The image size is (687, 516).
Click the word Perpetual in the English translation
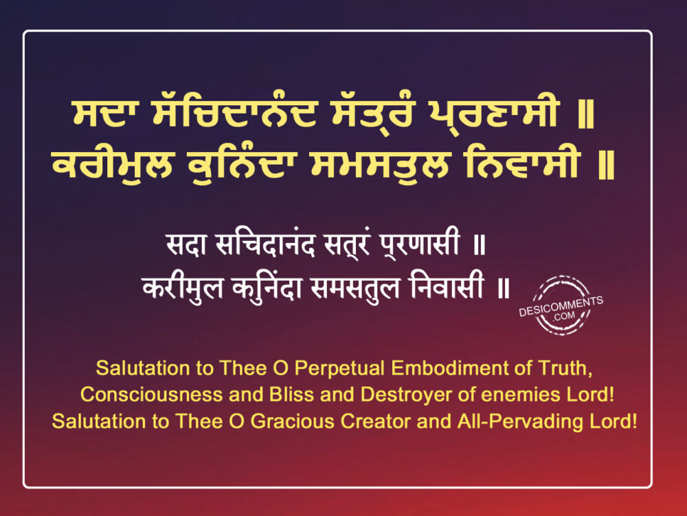click(x=339, y=369)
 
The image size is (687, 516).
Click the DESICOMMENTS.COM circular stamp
click(x=561, y=306)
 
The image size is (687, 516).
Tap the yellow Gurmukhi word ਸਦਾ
click(x=100, y=114)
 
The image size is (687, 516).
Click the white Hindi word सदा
click(x=187, y=244)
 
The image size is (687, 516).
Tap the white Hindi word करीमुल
click(x=183, y=288)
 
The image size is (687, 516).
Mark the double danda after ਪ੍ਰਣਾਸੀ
click(x=586, y=114)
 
